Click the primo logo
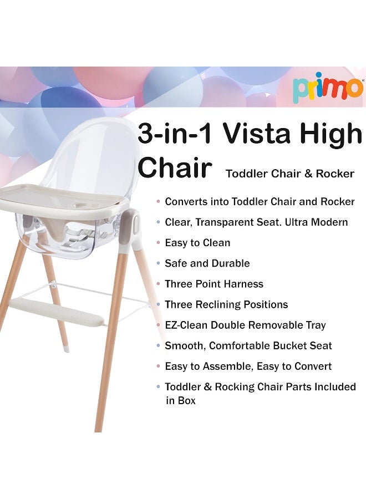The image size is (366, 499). [328, 87]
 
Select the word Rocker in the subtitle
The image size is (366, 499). [335, 174]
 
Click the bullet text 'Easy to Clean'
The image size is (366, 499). [197, 243]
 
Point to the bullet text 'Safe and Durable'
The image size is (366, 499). [207, 263]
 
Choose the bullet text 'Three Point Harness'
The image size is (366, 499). [214, 284]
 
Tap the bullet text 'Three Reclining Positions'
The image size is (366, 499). [226, 304]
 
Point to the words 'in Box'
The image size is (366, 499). [181, 400]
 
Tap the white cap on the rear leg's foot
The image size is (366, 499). [66, 349]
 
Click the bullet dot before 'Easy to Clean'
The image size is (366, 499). [159, 243]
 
